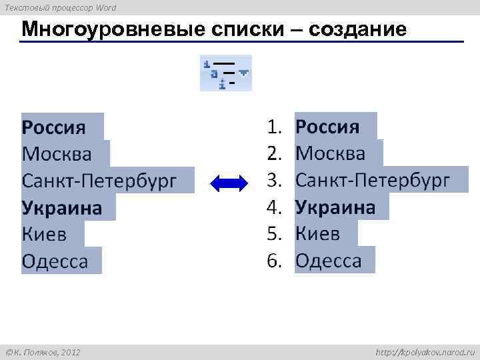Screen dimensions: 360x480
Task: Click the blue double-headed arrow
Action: [x=229, y=181]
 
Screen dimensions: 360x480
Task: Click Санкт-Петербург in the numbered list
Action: [x=373, y=181]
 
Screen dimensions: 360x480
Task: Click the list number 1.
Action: [x=275, y=127]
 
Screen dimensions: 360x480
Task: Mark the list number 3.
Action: [x=275, y=181]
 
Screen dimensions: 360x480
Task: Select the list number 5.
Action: [x=275, y=234]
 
